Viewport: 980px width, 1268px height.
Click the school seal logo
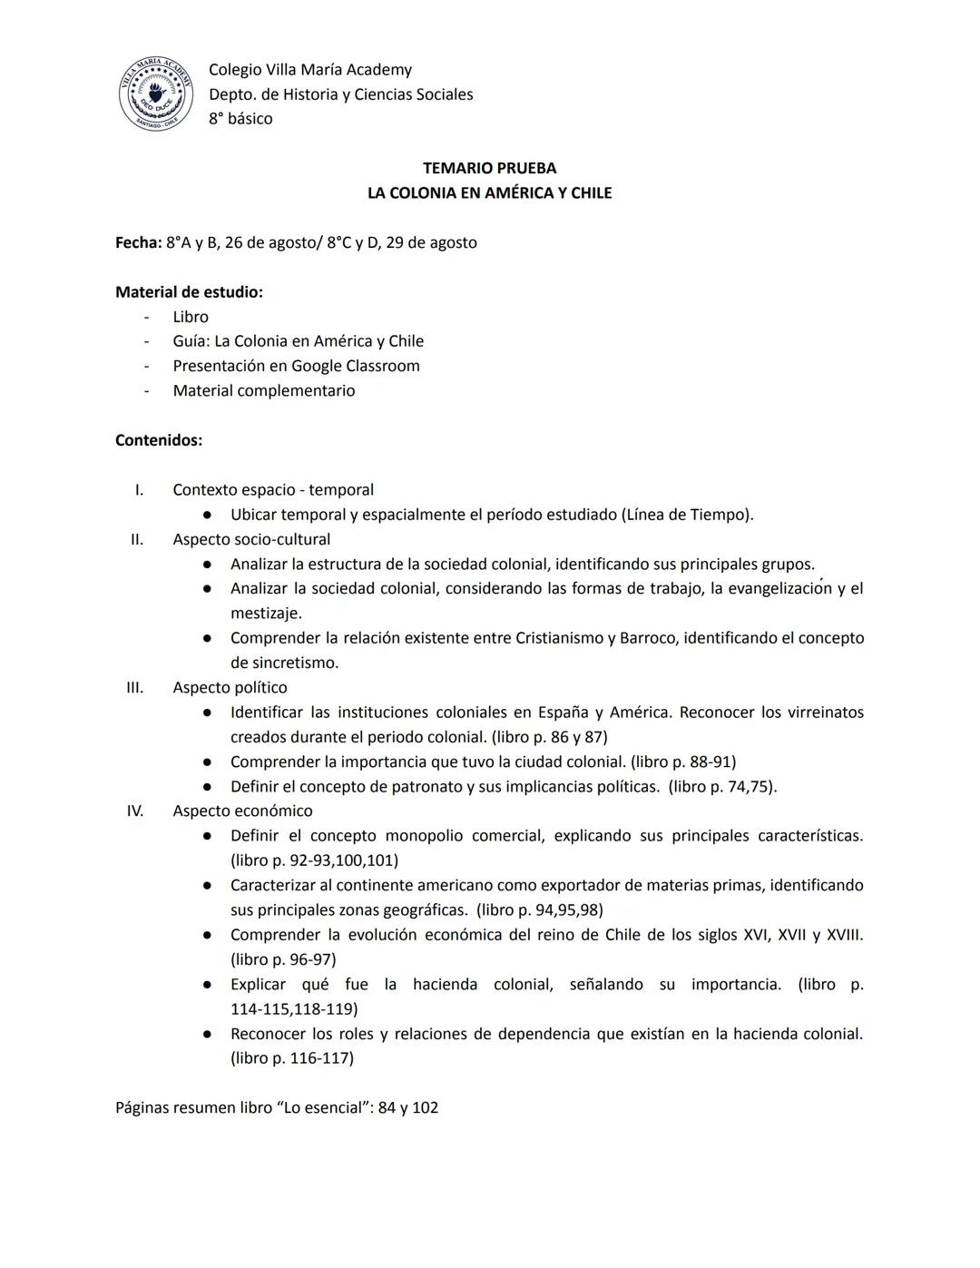tap(155, 93)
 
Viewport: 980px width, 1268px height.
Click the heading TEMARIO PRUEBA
tap(489, 168)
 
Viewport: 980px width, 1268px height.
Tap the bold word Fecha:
tap(138, 242)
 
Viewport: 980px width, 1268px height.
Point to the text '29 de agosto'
tap(431, 242)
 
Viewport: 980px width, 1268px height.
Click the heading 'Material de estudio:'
tap(189, 292)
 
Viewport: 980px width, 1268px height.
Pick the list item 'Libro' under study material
tap(191, 317)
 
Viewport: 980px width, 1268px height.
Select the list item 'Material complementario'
tap(264, 390)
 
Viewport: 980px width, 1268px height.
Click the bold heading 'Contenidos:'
tap(159, 440)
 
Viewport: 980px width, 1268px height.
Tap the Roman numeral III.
tap(134, 687)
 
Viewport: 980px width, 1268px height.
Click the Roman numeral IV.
tap(134, 811)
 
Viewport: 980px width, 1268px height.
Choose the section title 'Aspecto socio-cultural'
tap(251, 539)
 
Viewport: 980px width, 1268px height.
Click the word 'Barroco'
tap(647, 638)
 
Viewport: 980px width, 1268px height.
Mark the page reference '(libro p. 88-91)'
tap(683, 762)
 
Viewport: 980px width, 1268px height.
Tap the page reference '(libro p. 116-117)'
tap(292, 1057)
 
